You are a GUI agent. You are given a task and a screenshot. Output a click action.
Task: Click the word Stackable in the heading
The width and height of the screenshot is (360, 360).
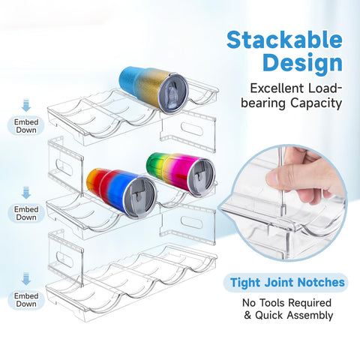point(284,40)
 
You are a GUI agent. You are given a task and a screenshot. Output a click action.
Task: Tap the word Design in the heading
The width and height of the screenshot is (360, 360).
point(302,62)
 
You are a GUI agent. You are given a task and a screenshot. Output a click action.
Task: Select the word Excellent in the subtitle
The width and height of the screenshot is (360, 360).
point(277,88)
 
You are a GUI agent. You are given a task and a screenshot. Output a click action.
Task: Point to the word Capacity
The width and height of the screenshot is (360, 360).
point(316,103)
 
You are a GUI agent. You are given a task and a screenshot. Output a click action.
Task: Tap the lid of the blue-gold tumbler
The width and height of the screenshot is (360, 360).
point(173,94)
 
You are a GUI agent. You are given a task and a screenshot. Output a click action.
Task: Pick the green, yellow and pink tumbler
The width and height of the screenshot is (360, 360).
point(181,174)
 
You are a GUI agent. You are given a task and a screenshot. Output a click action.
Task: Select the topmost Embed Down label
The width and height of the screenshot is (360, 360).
point(26,126)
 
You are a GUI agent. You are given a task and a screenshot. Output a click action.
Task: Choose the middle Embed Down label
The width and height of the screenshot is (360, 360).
point(26,213)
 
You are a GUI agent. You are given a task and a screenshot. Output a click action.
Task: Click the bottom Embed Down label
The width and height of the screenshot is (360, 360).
point(26,300)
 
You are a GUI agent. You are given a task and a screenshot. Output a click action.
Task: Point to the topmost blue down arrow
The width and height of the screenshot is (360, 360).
point(26,105)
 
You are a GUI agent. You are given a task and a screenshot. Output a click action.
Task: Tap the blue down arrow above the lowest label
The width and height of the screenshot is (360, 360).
point(26,279)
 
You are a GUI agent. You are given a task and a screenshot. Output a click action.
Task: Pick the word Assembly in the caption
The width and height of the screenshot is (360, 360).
point(310,315)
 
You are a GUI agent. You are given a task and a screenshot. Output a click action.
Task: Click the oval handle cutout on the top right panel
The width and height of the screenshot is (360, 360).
point(191,128)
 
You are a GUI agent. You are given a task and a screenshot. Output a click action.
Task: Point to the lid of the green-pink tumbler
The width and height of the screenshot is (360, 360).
point(202,177)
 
